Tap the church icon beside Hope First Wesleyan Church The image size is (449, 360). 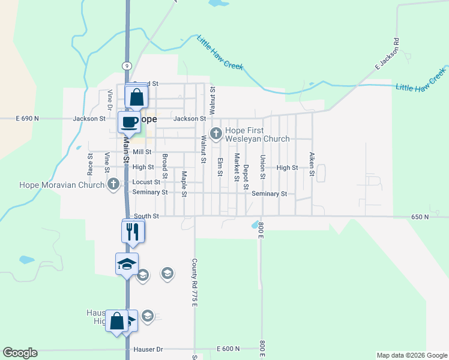click(215, 132)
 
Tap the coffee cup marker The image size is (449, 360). click(130, 122)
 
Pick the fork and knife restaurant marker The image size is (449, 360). click(133, 231)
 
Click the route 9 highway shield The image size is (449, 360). click(127, 65)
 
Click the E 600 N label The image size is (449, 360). click(228, 349)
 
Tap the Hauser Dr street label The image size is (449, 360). click(147, 349)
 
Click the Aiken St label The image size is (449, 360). click(312, 164)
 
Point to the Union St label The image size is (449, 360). click(263, 167)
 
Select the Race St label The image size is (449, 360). click(91, 163)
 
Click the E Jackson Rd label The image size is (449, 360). click(387, 56)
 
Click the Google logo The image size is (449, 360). click(20, 353)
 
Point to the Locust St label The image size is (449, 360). click(146, 182)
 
